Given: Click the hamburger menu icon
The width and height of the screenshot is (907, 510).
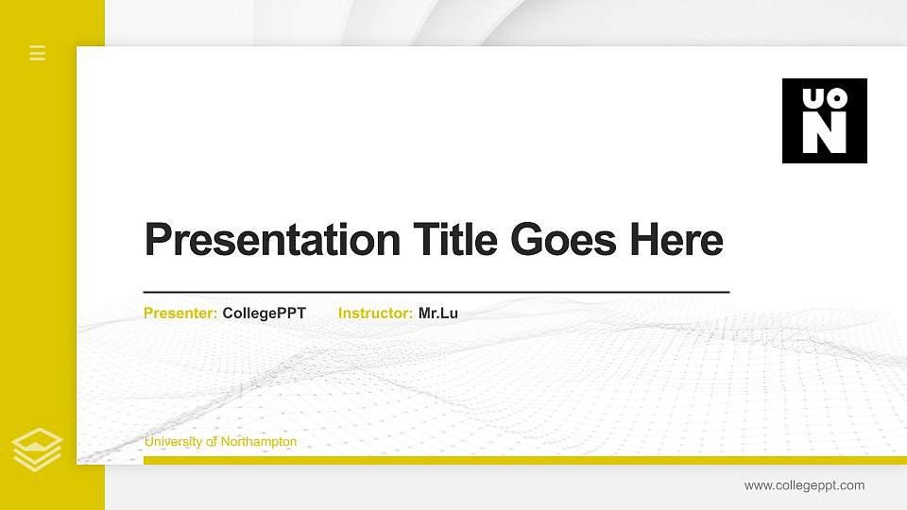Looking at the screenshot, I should [x=38, y=53].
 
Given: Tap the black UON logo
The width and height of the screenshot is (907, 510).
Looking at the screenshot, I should [x=824, y=121].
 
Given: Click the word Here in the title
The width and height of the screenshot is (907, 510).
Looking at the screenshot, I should [x=678, y=240].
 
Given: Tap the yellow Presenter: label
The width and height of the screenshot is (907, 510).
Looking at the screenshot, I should [x=180, y=314].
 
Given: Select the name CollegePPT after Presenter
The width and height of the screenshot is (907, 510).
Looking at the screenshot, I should [x=265, y=314].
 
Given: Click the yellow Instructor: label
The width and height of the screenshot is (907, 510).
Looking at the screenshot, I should [x=375, y=314].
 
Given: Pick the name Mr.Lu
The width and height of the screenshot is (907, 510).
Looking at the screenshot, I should [x=438, y=314].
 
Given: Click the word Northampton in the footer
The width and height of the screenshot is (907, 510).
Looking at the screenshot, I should [x=259, y=442].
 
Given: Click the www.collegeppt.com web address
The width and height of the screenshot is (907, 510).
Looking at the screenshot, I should [x=804, y=485].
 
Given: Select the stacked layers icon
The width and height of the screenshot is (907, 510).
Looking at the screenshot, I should [x=38, y=448].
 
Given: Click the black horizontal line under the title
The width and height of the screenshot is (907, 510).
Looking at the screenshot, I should [x=436, y=293].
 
